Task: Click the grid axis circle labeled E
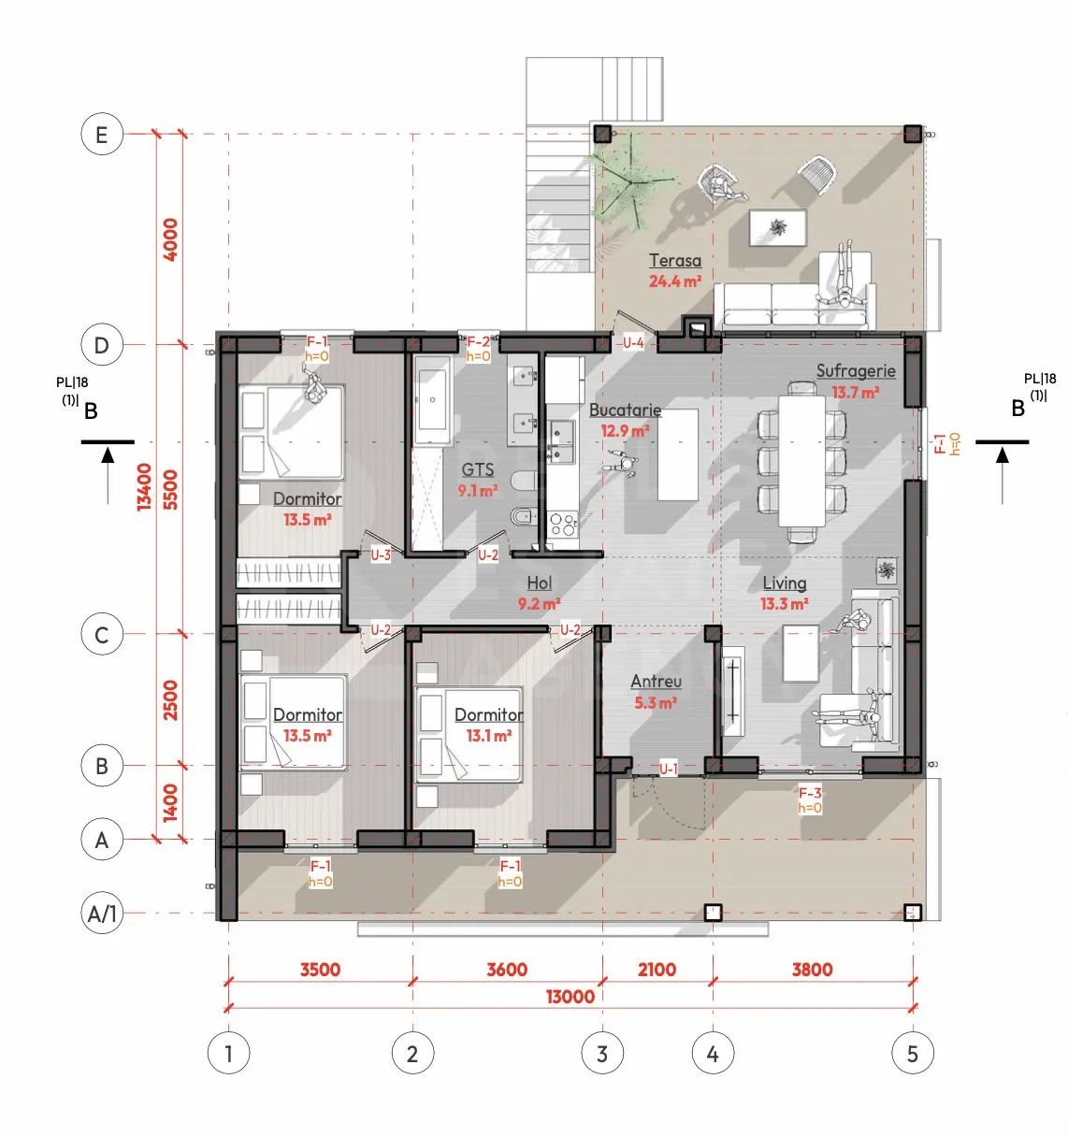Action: point(102,135)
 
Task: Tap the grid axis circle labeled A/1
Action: point(102,914)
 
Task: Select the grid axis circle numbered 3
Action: point(602,1054)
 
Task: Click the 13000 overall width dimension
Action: point(570,997)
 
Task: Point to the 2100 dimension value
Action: point(657,970)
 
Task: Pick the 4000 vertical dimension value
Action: point(170,239)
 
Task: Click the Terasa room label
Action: point(675,261)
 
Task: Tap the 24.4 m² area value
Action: point(675,281)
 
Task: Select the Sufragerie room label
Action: point(856,371)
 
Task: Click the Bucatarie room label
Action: point(625,410)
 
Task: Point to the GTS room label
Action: point(478,470)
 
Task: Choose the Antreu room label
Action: point(656,682)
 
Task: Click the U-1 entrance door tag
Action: point(669,769)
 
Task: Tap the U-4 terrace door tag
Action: point(633,343)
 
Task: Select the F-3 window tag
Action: point(810,793)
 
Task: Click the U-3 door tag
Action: point(381,554)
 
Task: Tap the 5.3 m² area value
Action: point(656,702)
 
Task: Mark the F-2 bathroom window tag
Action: point(478,342)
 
